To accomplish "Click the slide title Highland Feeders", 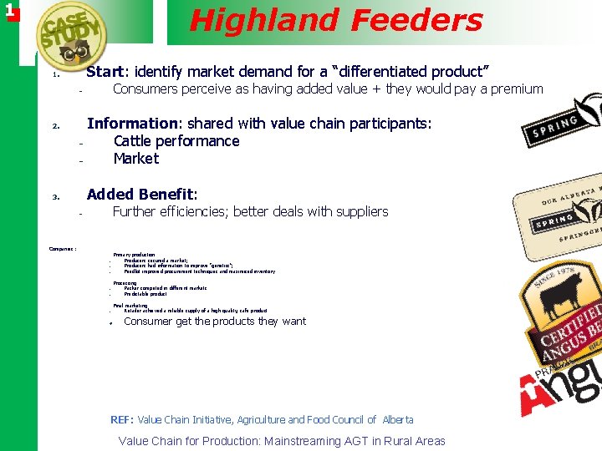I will pos(336,20).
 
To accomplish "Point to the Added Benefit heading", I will pos(141,195).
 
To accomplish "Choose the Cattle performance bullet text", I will pos(176,141).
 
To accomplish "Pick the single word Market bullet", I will pos(135,159).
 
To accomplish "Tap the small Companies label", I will pos(63,248).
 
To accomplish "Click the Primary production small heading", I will pos(134,254).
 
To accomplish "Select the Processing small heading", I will pos(125,283).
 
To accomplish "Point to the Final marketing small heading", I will pos(130,306).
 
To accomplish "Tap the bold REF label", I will pos(122,419).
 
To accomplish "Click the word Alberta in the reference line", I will pos(397,419).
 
